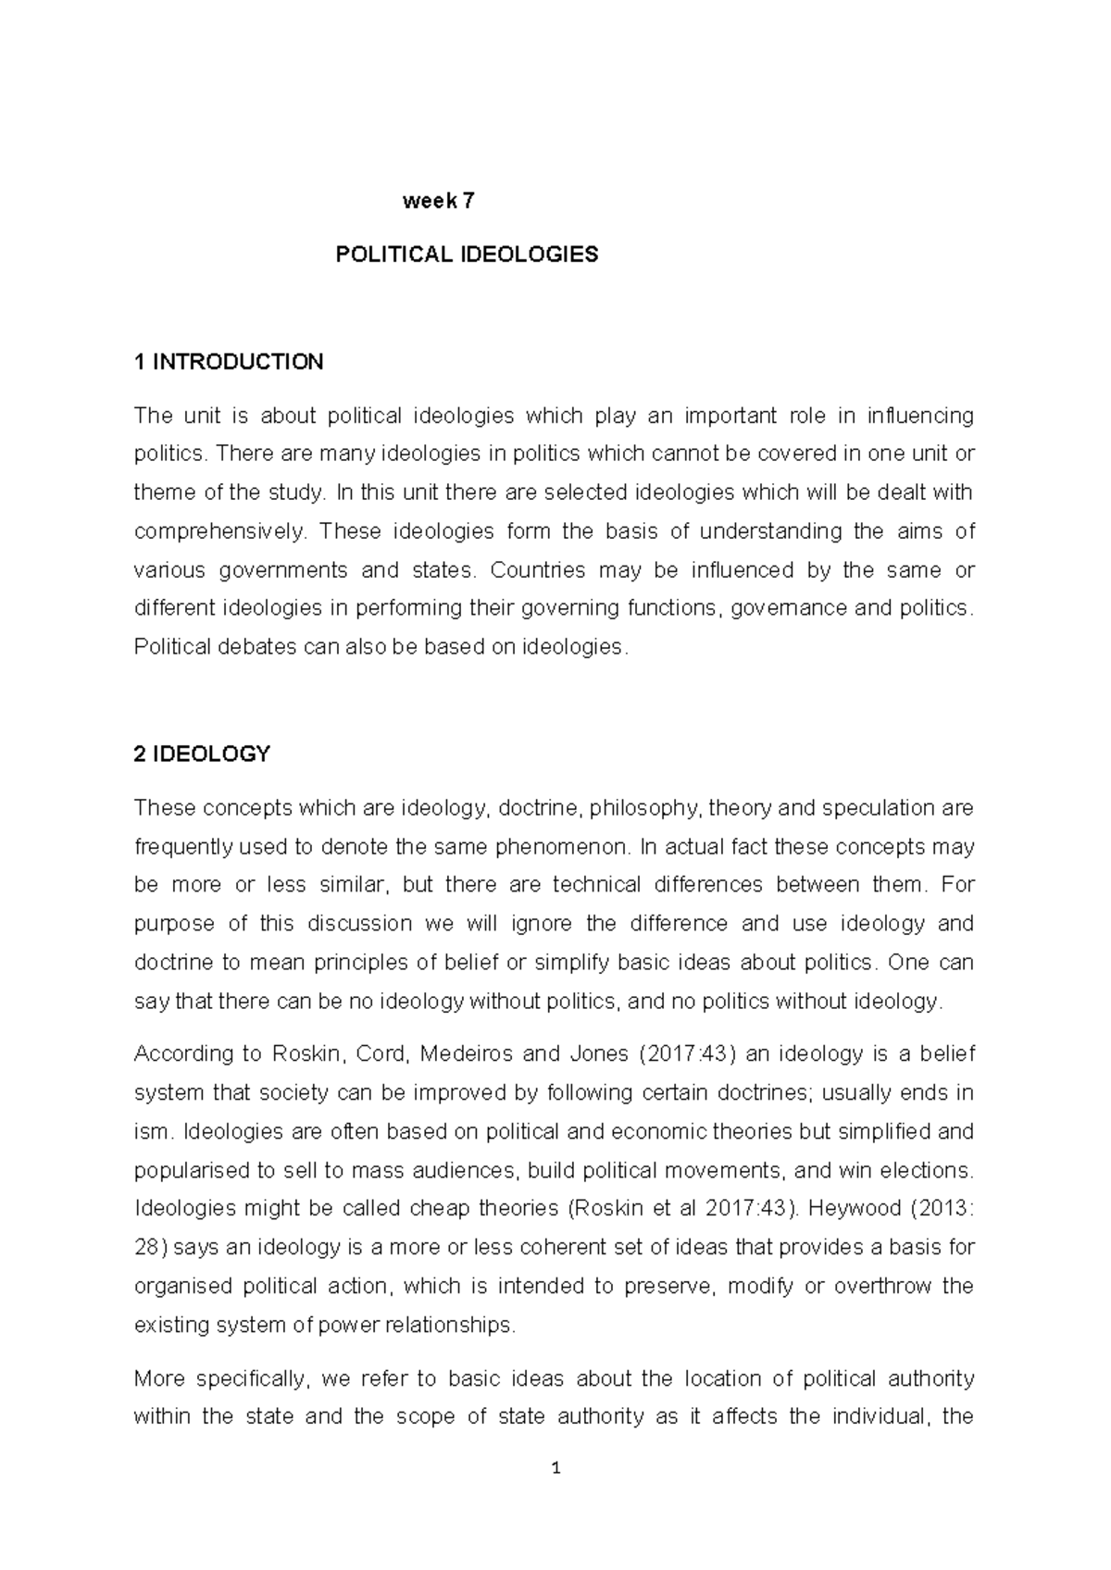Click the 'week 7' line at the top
[x=438, y=201]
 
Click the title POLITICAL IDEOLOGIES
[x=467, y=255]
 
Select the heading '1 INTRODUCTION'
[x=229, y=362]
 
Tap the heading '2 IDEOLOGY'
[x=202, y=754]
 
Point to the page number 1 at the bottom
[x=555, y=1468]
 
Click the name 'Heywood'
[x=882, y=1209]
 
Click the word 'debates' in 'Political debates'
[x=252, y=648]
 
